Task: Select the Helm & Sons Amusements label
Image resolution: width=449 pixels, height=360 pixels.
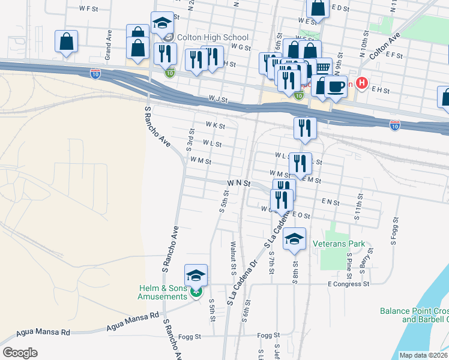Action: [x=162, y=292]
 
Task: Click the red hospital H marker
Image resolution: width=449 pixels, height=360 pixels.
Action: [x=361, y=83]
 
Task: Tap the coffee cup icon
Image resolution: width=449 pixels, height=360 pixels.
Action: [x=336, y=86]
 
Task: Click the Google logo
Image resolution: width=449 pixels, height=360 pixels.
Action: [x=20, y=352]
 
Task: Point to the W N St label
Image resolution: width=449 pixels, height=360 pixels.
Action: [x=238, y=182]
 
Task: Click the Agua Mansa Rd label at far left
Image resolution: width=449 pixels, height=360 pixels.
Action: [x=44, y=332]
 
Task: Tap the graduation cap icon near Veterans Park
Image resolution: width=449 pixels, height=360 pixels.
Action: [x=294, y=238]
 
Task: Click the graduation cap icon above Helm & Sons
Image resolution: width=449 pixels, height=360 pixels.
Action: [x=196, y=275]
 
